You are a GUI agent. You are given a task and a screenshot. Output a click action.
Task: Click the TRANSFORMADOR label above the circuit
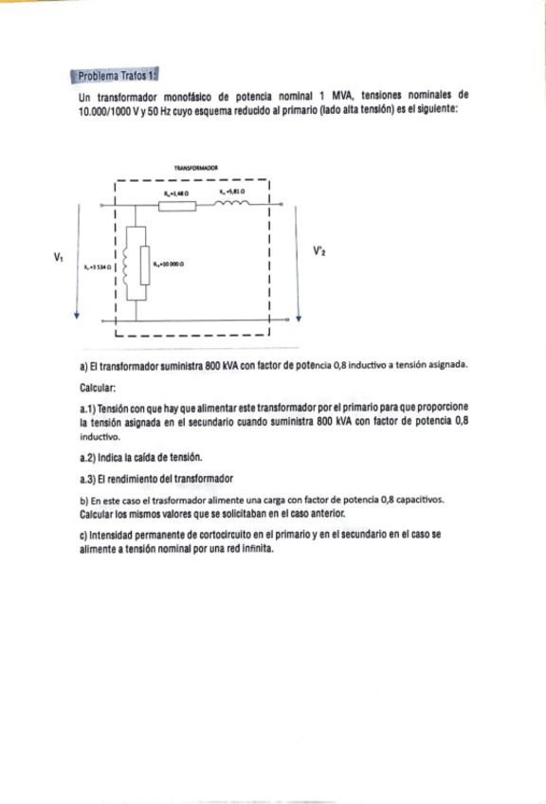(196, 166)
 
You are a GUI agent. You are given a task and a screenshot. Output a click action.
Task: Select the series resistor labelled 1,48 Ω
(177, 205)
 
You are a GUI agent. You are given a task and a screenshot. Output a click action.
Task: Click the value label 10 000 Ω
(170, 265)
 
